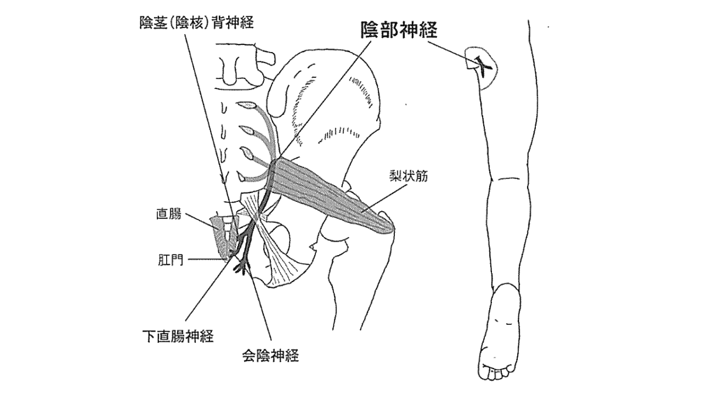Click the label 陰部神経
pos(398,31)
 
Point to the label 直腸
pos(168,214)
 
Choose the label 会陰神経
pos(270,355)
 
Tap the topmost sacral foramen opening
pos(248,106)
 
